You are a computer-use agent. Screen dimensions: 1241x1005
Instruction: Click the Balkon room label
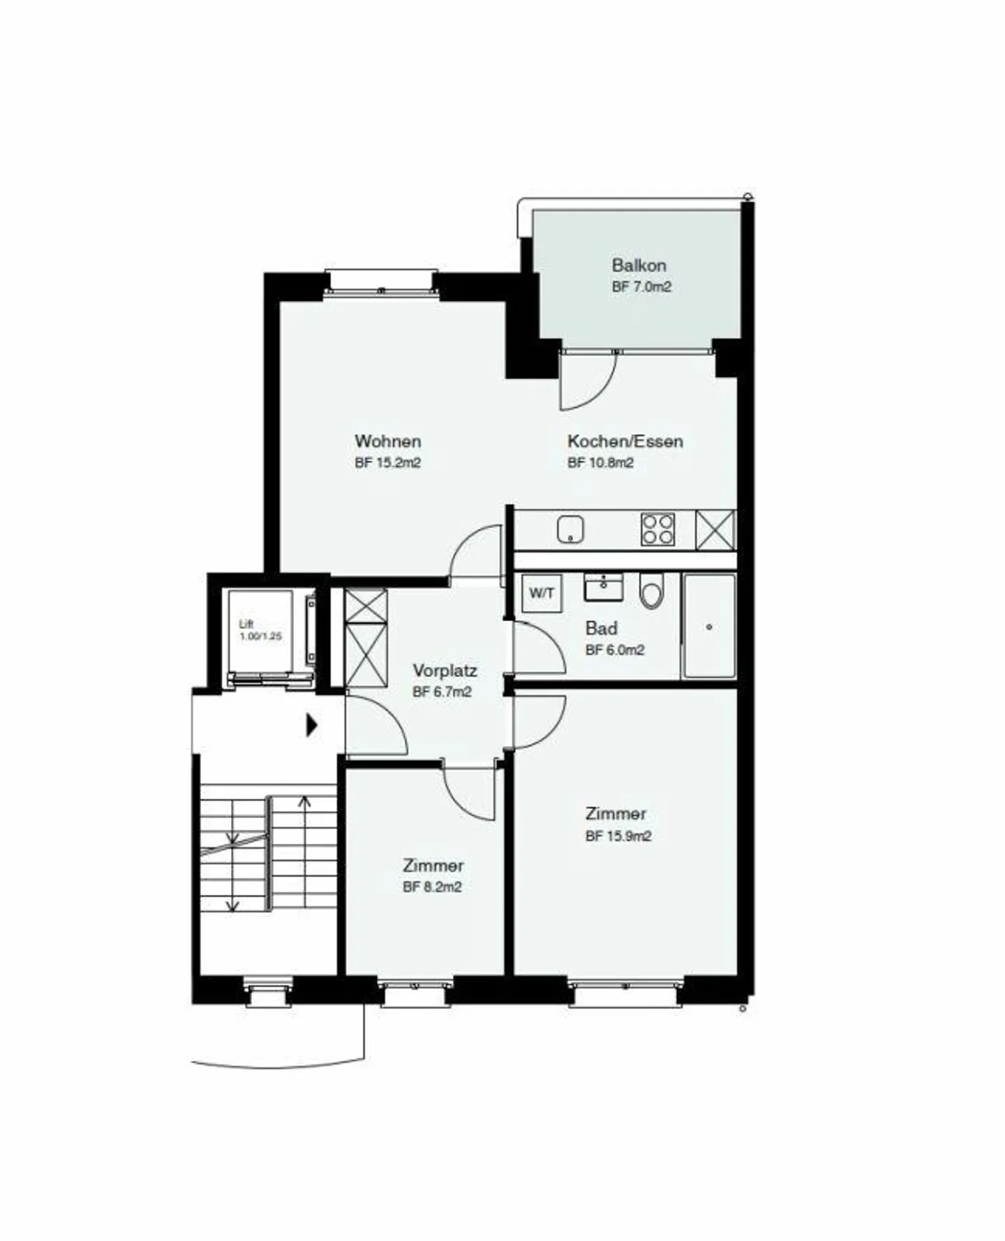[x=639, y=265]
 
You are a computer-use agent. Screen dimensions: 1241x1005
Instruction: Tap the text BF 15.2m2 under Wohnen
[x=387, y=463]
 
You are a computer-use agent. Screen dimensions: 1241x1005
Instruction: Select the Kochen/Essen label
[x=625, y=441]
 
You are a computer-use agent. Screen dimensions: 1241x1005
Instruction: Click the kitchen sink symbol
[x=570, y=530]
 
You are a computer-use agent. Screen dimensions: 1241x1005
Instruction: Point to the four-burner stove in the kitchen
[x=657, y=530]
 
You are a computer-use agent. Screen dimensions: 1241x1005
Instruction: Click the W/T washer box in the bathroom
[x=542, y=594]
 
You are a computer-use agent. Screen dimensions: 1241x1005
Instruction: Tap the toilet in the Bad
[x=651, y=593]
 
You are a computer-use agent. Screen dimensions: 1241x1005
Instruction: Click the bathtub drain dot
[x=709, y=627]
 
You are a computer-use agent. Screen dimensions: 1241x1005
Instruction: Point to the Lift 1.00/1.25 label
[x=260, y=630]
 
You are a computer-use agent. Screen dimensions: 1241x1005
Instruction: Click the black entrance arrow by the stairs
[x=311, y=726]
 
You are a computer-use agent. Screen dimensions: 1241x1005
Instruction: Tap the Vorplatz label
[x=445, y=671]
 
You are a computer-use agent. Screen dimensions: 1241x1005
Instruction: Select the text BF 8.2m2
[x=432, y=888]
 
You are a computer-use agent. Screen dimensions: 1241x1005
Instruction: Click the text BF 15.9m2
[x=618, y=836]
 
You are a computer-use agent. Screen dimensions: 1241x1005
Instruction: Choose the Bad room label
[x=601, y=628]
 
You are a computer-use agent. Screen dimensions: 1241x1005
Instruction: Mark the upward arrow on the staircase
[x=304, y=803]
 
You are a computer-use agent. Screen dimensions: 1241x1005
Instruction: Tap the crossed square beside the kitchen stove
[x=715, y=530]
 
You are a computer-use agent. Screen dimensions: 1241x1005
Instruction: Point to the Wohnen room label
[x=387, y=441]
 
